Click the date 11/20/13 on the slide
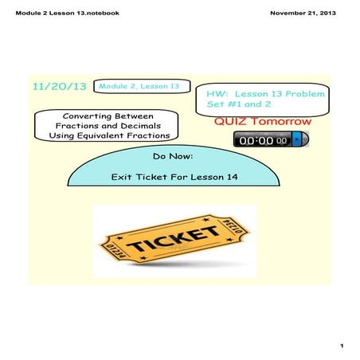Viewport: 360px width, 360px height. (x=60, y=87)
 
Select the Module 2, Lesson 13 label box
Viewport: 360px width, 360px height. (x=142, y=86)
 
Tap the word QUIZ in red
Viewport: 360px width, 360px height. (x=230, y=121)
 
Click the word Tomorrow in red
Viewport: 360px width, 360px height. (x=281, y=121)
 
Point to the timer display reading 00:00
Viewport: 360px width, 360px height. (x=263, y=140)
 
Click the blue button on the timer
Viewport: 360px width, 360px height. (x=296, y=139)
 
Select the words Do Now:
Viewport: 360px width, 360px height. (x=173, y=156)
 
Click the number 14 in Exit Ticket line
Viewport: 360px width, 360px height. (x=232, y=177)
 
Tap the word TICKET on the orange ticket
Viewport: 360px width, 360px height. (x=173, y=239)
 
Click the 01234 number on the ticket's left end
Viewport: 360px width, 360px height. (x=115, y=251)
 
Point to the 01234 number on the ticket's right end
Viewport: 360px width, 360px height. (x=233, y=226)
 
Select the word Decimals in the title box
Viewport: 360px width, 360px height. (x=141, y=126)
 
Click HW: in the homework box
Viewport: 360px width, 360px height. (x=217, y=94)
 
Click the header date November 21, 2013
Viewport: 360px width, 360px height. (x=303, y=13)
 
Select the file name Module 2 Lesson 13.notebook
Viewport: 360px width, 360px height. (x=68, y=13)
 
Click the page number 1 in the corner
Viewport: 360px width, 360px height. (x=342, y=346)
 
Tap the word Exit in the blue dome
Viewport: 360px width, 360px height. (x=121, y=177)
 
